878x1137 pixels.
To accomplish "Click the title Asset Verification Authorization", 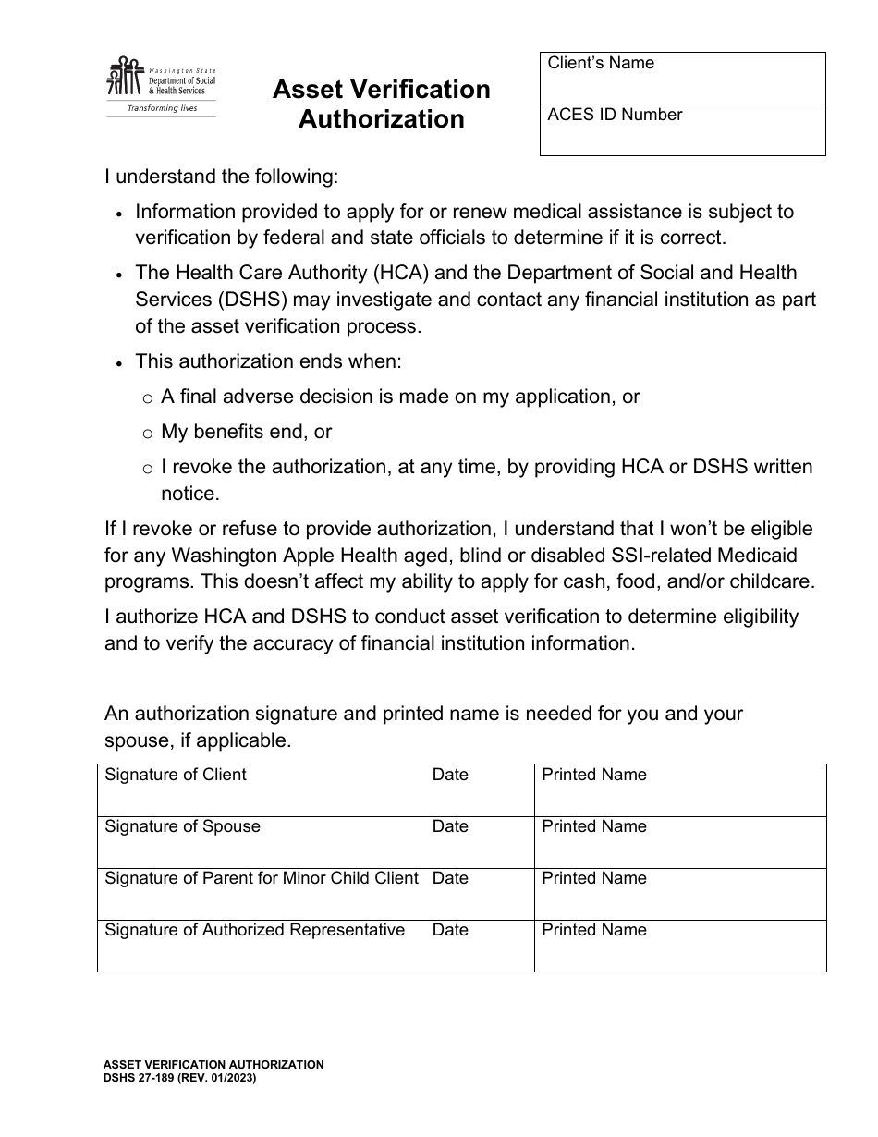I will click(x=381, y=104).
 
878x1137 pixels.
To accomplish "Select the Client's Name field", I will click(x=682, y=78).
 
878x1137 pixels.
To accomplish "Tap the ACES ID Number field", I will click(x=682, y=129).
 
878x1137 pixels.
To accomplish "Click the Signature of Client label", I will click(x=176, y=775).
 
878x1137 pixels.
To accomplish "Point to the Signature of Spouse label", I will click(x=182, y=826).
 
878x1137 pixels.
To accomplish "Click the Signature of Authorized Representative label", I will click(x=254, y=930).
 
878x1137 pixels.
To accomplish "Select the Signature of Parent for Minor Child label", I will click(x=262, y=878).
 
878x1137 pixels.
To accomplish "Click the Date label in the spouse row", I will click(x=450, y=826).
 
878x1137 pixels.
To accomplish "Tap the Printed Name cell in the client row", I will click(x=679, y=790).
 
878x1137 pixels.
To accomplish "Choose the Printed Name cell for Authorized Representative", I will click(x=679, y=946).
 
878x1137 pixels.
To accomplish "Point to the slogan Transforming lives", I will click(x=162, y=108).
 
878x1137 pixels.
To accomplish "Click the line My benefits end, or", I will click(x=246, y=432).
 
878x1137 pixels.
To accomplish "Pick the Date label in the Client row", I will click(x=450, y=775).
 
